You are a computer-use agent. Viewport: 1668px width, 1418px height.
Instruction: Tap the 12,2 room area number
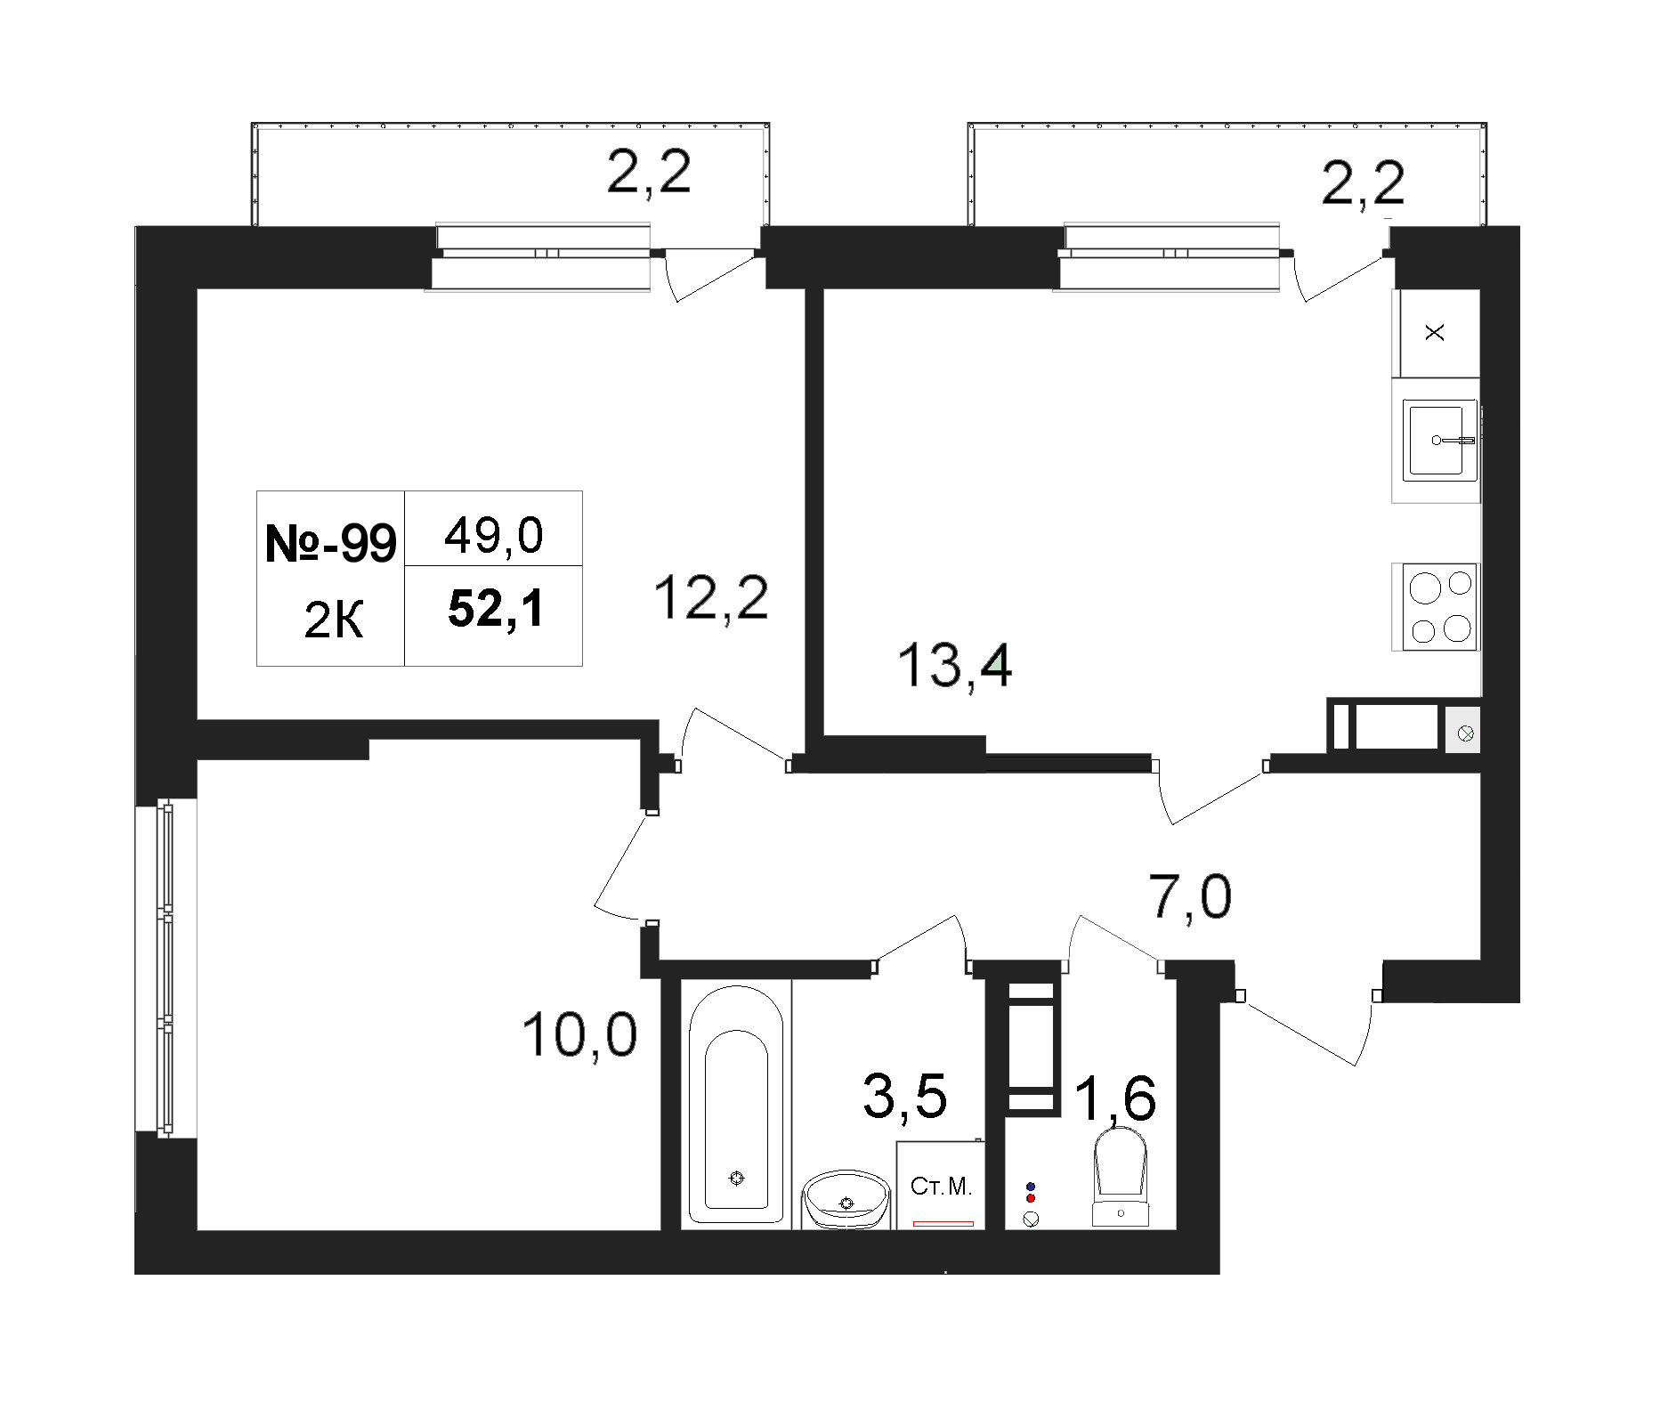[710, 598]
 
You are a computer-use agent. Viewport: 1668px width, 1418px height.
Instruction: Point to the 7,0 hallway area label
[1191, 896]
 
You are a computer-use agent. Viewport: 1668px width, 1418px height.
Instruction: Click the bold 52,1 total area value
[496, 611]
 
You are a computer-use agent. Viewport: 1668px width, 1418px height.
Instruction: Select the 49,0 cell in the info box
[493, 537]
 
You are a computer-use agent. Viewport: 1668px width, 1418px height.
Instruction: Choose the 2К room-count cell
[333, 620]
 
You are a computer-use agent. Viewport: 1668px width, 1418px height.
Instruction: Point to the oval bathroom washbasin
[846, 1200]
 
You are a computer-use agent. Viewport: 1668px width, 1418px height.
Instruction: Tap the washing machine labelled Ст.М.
[941, 1185]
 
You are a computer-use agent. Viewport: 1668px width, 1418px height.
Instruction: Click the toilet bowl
[1120, 1176]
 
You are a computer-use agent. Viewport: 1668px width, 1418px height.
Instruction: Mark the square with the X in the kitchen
[1436, 333]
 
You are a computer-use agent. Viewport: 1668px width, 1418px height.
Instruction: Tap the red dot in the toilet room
[1031, 1198]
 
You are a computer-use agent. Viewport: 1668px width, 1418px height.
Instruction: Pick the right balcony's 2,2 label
[1364, 182]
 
